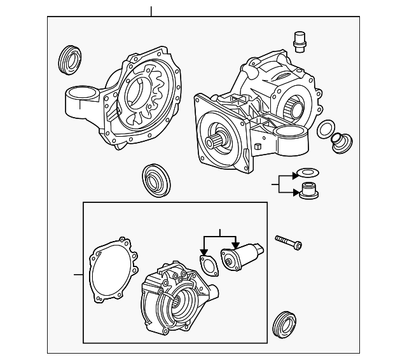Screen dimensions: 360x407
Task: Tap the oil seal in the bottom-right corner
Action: point(284,324)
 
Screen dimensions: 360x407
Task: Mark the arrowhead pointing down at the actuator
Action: point(235,246)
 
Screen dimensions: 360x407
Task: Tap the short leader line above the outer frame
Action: point(151,11)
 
